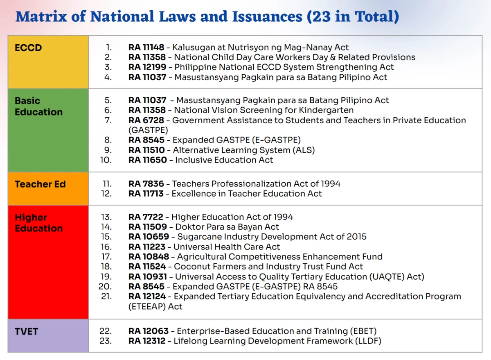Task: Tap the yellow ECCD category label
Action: (x=28, y=48)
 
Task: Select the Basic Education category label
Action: (x=38, y=106)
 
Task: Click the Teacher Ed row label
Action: (x=40, y=184)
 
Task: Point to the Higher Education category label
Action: (x=38, y=223)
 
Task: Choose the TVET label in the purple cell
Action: (x=26, y=331)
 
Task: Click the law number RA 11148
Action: (x=146, y=48)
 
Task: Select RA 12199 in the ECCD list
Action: (x=147, y=67)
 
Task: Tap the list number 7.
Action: (x=108, y=120)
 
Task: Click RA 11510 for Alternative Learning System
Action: (x=147, y=150)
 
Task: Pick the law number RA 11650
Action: (x=148, y=160)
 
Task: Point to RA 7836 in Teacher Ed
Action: (x=146, y=184)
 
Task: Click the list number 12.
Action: (x=106, y=194)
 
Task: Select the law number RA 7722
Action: (x=146, y=217)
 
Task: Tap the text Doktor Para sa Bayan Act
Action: (x=227, y=227)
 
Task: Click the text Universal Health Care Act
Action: (x=227, y=247)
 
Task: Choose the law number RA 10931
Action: (x=147, y=277)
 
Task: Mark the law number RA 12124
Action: (x=147, y=297)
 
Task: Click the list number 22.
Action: (x=106, y=331)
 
